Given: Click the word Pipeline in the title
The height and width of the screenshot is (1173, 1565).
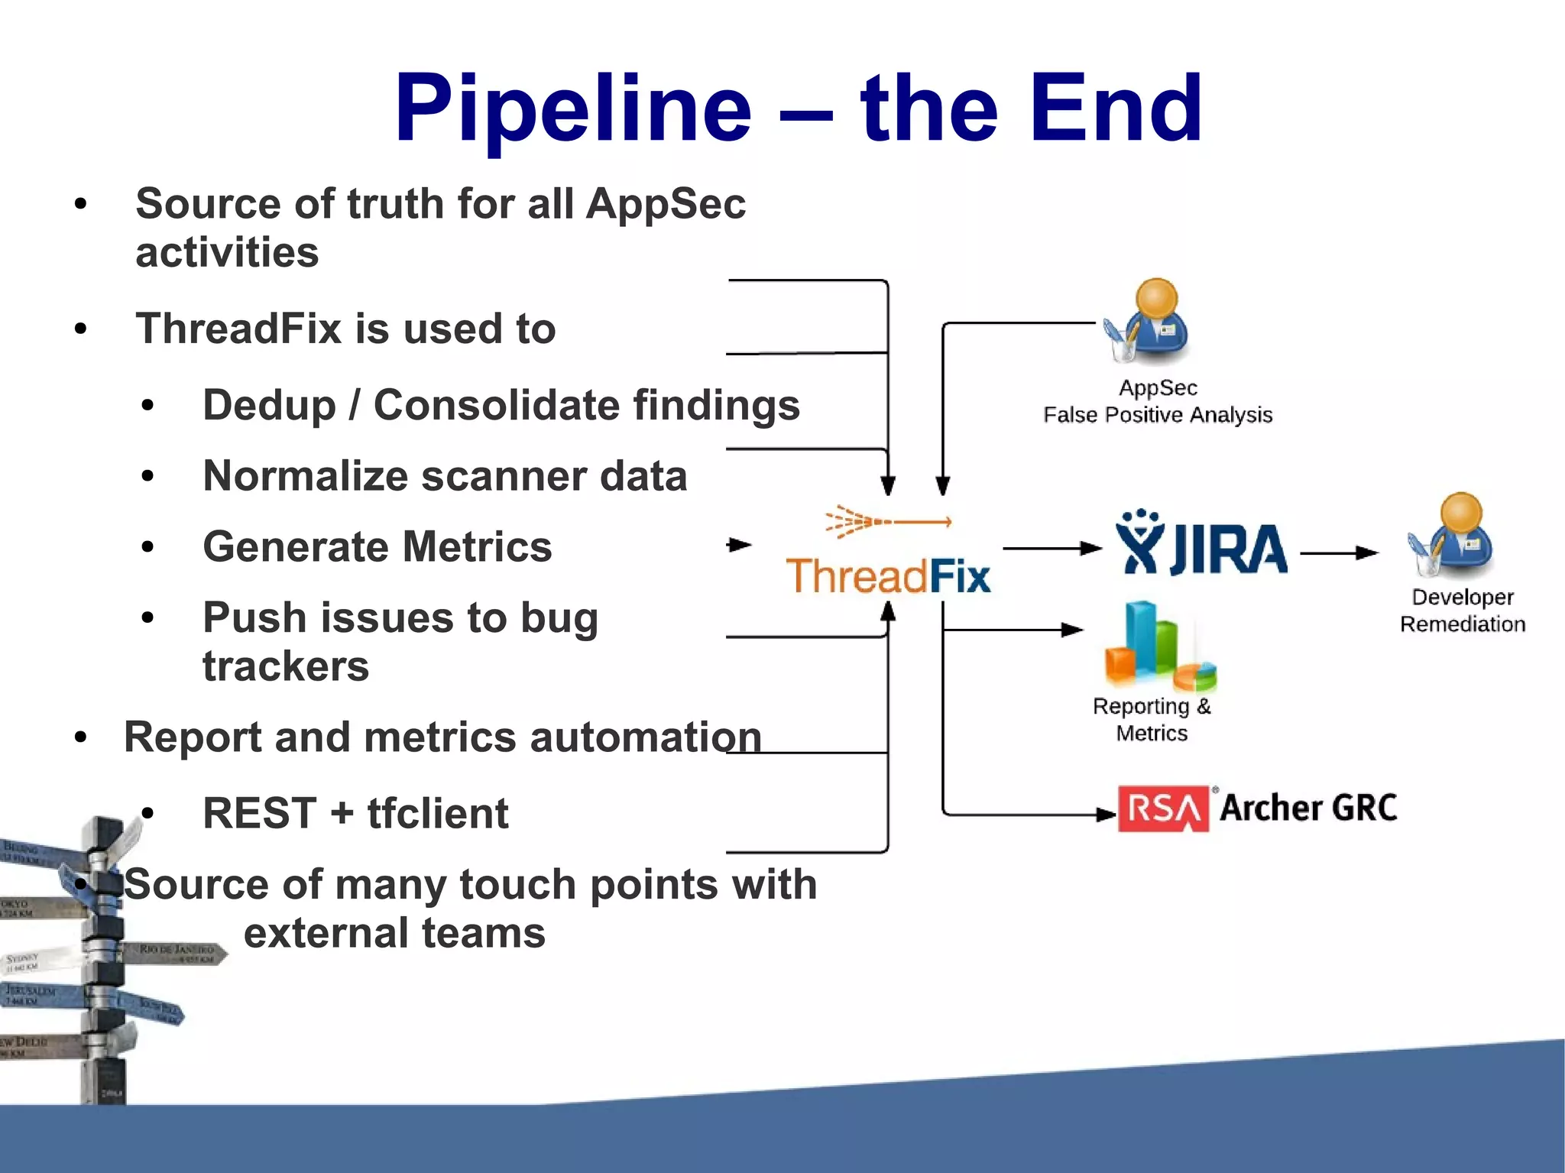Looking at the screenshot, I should click(573, 109).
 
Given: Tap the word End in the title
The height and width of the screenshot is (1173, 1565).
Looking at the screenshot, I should click(1115, 109).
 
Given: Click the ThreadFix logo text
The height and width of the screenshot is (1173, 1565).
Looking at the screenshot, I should click(888, 576).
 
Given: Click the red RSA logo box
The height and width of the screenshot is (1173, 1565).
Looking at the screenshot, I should click(1162, 808).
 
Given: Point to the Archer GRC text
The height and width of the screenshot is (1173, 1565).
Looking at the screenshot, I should click(1308, 808).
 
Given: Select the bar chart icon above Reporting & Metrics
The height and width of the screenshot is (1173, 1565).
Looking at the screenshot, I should click(1158, 646).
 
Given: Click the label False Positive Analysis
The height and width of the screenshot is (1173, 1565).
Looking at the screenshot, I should click(1157, 415).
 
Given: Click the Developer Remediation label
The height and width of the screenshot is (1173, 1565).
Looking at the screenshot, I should click(1462, 611).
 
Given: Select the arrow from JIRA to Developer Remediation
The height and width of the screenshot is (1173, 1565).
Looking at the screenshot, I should click(1338, 552).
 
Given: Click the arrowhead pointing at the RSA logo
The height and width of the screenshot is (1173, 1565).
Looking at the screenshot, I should click(1106, 815).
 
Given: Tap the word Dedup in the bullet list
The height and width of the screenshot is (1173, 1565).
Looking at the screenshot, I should click(269, 405).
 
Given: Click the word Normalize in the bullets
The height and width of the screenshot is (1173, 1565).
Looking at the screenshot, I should click(305, 476).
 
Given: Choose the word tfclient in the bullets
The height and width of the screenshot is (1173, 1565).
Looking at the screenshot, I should click(437, 813).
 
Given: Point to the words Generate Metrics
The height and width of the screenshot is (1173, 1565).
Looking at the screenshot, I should click(377, 547).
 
